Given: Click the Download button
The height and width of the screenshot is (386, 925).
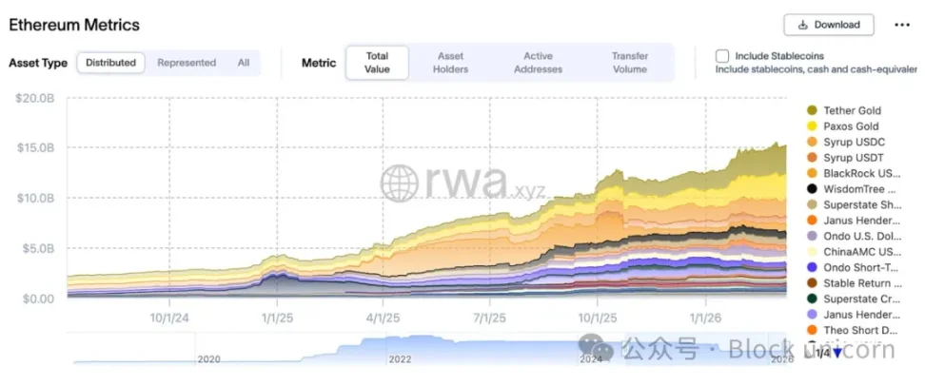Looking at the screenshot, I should [828, 25].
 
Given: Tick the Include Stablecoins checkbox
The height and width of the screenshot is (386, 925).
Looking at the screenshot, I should [722, 56].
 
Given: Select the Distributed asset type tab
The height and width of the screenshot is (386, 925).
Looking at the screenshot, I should [110, 63].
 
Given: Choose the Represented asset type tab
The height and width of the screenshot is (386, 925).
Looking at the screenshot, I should [187, 63].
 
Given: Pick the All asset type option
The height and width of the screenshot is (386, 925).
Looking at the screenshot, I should [244, 63].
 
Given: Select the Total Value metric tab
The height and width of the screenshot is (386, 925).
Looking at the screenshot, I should [377, 63].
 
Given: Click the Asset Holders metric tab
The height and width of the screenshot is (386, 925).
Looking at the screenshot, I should [451, 63].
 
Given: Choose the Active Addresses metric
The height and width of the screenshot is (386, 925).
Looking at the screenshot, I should [537, 63].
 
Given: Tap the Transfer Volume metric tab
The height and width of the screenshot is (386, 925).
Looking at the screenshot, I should [630, 63].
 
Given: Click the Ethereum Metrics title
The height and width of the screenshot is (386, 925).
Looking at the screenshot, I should [74, 25].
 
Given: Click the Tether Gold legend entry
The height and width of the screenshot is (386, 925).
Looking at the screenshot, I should [850, 110].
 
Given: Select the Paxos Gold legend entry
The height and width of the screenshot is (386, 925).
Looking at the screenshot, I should [850, 126].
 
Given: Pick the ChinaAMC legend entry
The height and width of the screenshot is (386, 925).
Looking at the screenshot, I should [860, 252].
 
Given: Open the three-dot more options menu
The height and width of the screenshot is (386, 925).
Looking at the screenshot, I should [901, 25].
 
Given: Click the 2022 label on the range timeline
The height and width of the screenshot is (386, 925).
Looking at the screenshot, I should [400, 359].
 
